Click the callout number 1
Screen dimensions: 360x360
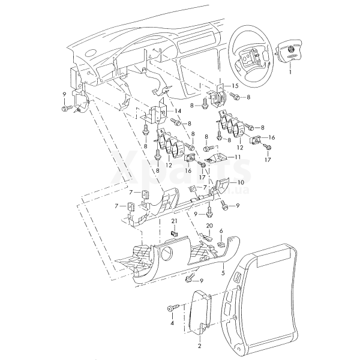[x=290, y=71]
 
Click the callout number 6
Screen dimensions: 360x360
[x=221, y=231]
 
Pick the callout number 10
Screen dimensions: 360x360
[x=240, y=182]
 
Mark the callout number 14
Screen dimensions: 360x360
[x=178, y=112]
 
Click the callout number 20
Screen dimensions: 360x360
[x=209, y=226]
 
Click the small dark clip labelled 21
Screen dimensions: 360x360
[x=175, y=232]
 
